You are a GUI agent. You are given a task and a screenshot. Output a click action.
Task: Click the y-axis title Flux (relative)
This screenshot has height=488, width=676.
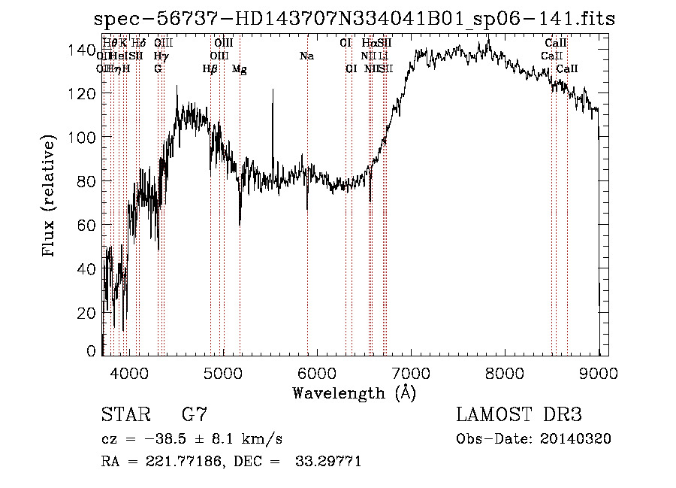50,197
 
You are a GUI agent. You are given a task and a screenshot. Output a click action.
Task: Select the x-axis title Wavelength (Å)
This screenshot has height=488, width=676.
354,393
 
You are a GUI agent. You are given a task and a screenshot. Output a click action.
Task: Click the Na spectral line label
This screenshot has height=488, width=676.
306,56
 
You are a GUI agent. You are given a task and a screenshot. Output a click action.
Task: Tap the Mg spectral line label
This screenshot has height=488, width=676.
239,69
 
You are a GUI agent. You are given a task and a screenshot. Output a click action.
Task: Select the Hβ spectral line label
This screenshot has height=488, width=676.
210,69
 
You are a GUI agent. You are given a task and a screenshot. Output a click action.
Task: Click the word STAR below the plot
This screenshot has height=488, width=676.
125,415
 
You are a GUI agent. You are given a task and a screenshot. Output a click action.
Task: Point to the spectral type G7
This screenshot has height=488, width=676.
195,415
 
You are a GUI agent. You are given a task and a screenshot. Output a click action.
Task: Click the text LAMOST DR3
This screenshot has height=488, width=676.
519,415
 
